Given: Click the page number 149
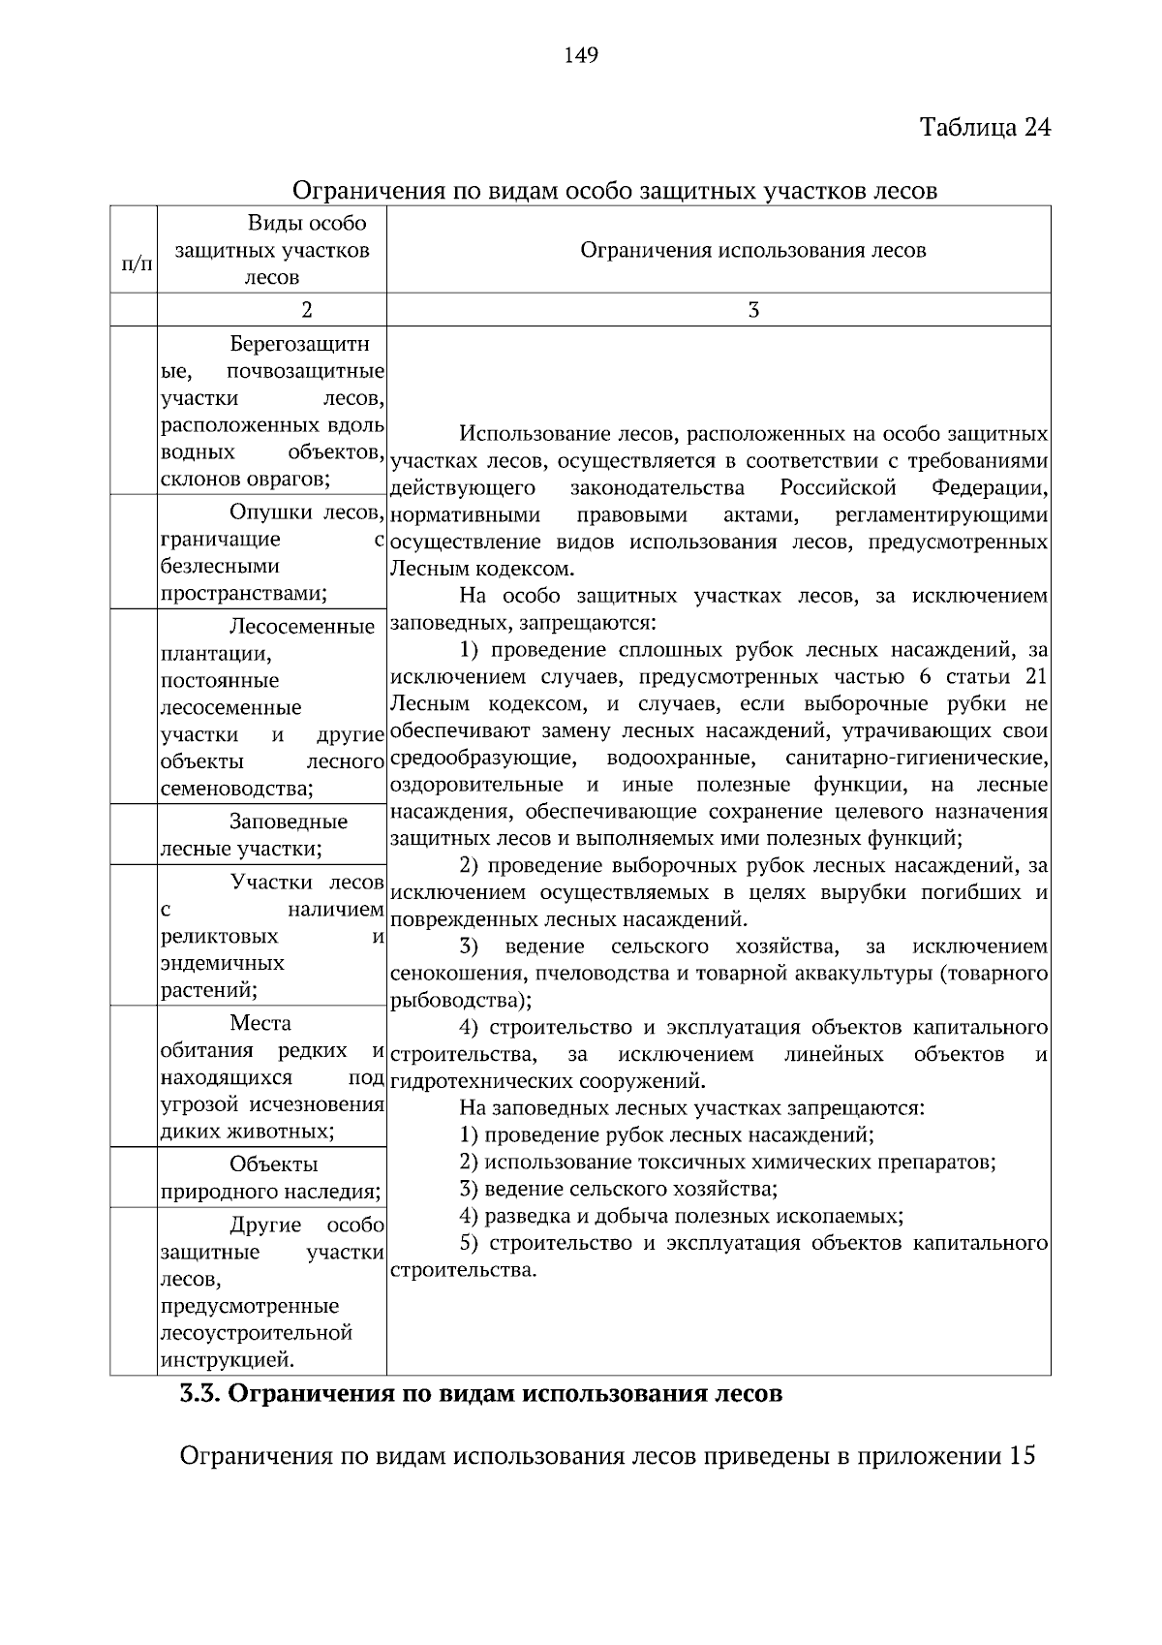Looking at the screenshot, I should click(581, 55).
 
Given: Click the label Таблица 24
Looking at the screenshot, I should click(984, 128).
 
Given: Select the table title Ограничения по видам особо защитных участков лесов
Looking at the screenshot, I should click(614, 190).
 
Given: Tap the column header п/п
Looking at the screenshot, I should click(135, 263).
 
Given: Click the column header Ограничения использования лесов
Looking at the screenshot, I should click(752, 250).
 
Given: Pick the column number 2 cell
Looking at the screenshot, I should click(307, 310).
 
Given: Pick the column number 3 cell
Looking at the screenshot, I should click(752, 310).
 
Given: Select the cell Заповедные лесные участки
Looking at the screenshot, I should click(271, 835).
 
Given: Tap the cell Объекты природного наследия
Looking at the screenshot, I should click(271, 1178).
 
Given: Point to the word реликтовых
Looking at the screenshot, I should click(219, 937).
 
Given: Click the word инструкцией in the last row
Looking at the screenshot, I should click(227, 1360).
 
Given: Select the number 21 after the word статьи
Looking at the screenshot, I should click(1035, 676).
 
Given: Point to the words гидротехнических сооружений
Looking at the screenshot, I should click(547, 1081).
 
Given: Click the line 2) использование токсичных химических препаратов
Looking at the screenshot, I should click(727, 1162).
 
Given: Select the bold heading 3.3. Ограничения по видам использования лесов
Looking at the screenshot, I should click(480, 1395).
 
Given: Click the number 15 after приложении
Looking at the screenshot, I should click(1023, 1455).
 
